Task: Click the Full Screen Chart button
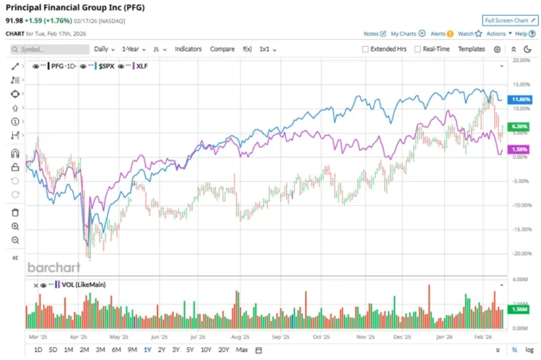coord(505,20)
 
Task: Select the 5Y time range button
coord(190,350)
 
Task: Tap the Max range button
coord(242,350)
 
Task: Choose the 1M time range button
coord(68,350)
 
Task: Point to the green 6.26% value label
coord(520,126)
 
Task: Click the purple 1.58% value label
coord(520,149)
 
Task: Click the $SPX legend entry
coord(105,67)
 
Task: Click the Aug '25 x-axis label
coord(239,335)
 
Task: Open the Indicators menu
coord(188,49)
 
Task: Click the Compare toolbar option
coord(222,49)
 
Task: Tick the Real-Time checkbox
coord(417,49)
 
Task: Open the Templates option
coord(471,49)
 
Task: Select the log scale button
coord(530,350)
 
